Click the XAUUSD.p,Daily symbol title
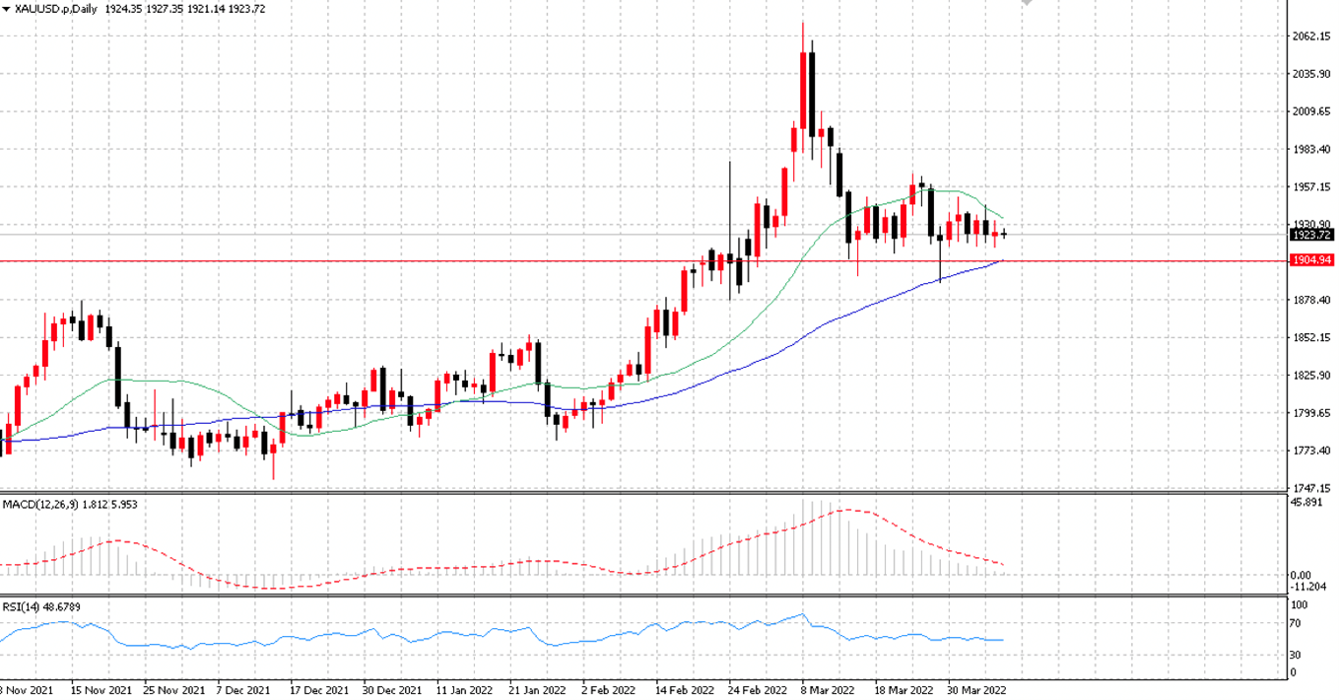point(55,9)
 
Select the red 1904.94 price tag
point(1311,260)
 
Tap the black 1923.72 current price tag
point(1311,235)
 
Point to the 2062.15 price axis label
point(1311,36)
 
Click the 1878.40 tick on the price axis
point(1311,300)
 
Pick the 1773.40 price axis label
point(1311,451)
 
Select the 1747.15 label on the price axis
point(1311,488)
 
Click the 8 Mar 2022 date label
point(828,690)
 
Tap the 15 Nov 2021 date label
point(101,690)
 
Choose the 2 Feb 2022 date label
point(609,690)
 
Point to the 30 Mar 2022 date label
point(976,690)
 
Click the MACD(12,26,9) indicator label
point(40,505)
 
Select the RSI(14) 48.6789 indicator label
point(41,607)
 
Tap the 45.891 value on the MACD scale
point(1306,502)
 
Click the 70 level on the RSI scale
point(1295,623)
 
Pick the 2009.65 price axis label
point(1311,111)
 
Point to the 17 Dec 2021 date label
point(319,690)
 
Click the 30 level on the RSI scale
point(1295,655)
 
